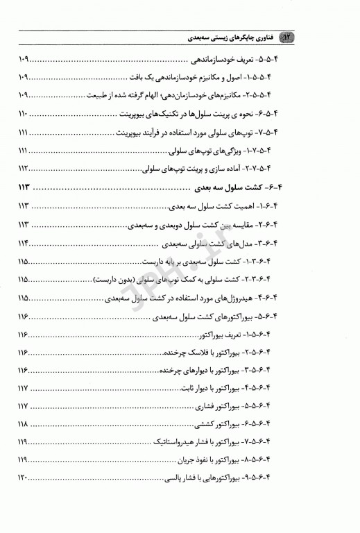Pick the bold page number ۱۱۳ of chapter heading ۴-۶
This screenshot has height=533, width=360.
coord(25,188)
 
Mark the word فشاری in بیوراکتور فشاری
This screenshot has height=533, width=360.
coord(203,406)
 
